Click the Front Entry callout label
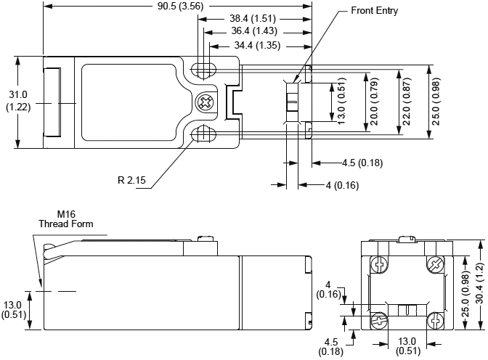pos(374,11)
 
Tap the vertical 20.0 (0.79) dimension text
pos(374,102)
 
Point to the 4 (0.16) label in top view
pos(342,185)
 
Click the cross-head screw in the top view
pos(205,102)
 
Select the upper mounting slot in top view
pos(203,70)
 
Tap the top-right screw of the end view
pos(435,264)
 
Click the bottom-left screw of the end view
pos(378,319)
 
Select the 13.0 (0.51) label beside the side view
pos(13,309)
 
